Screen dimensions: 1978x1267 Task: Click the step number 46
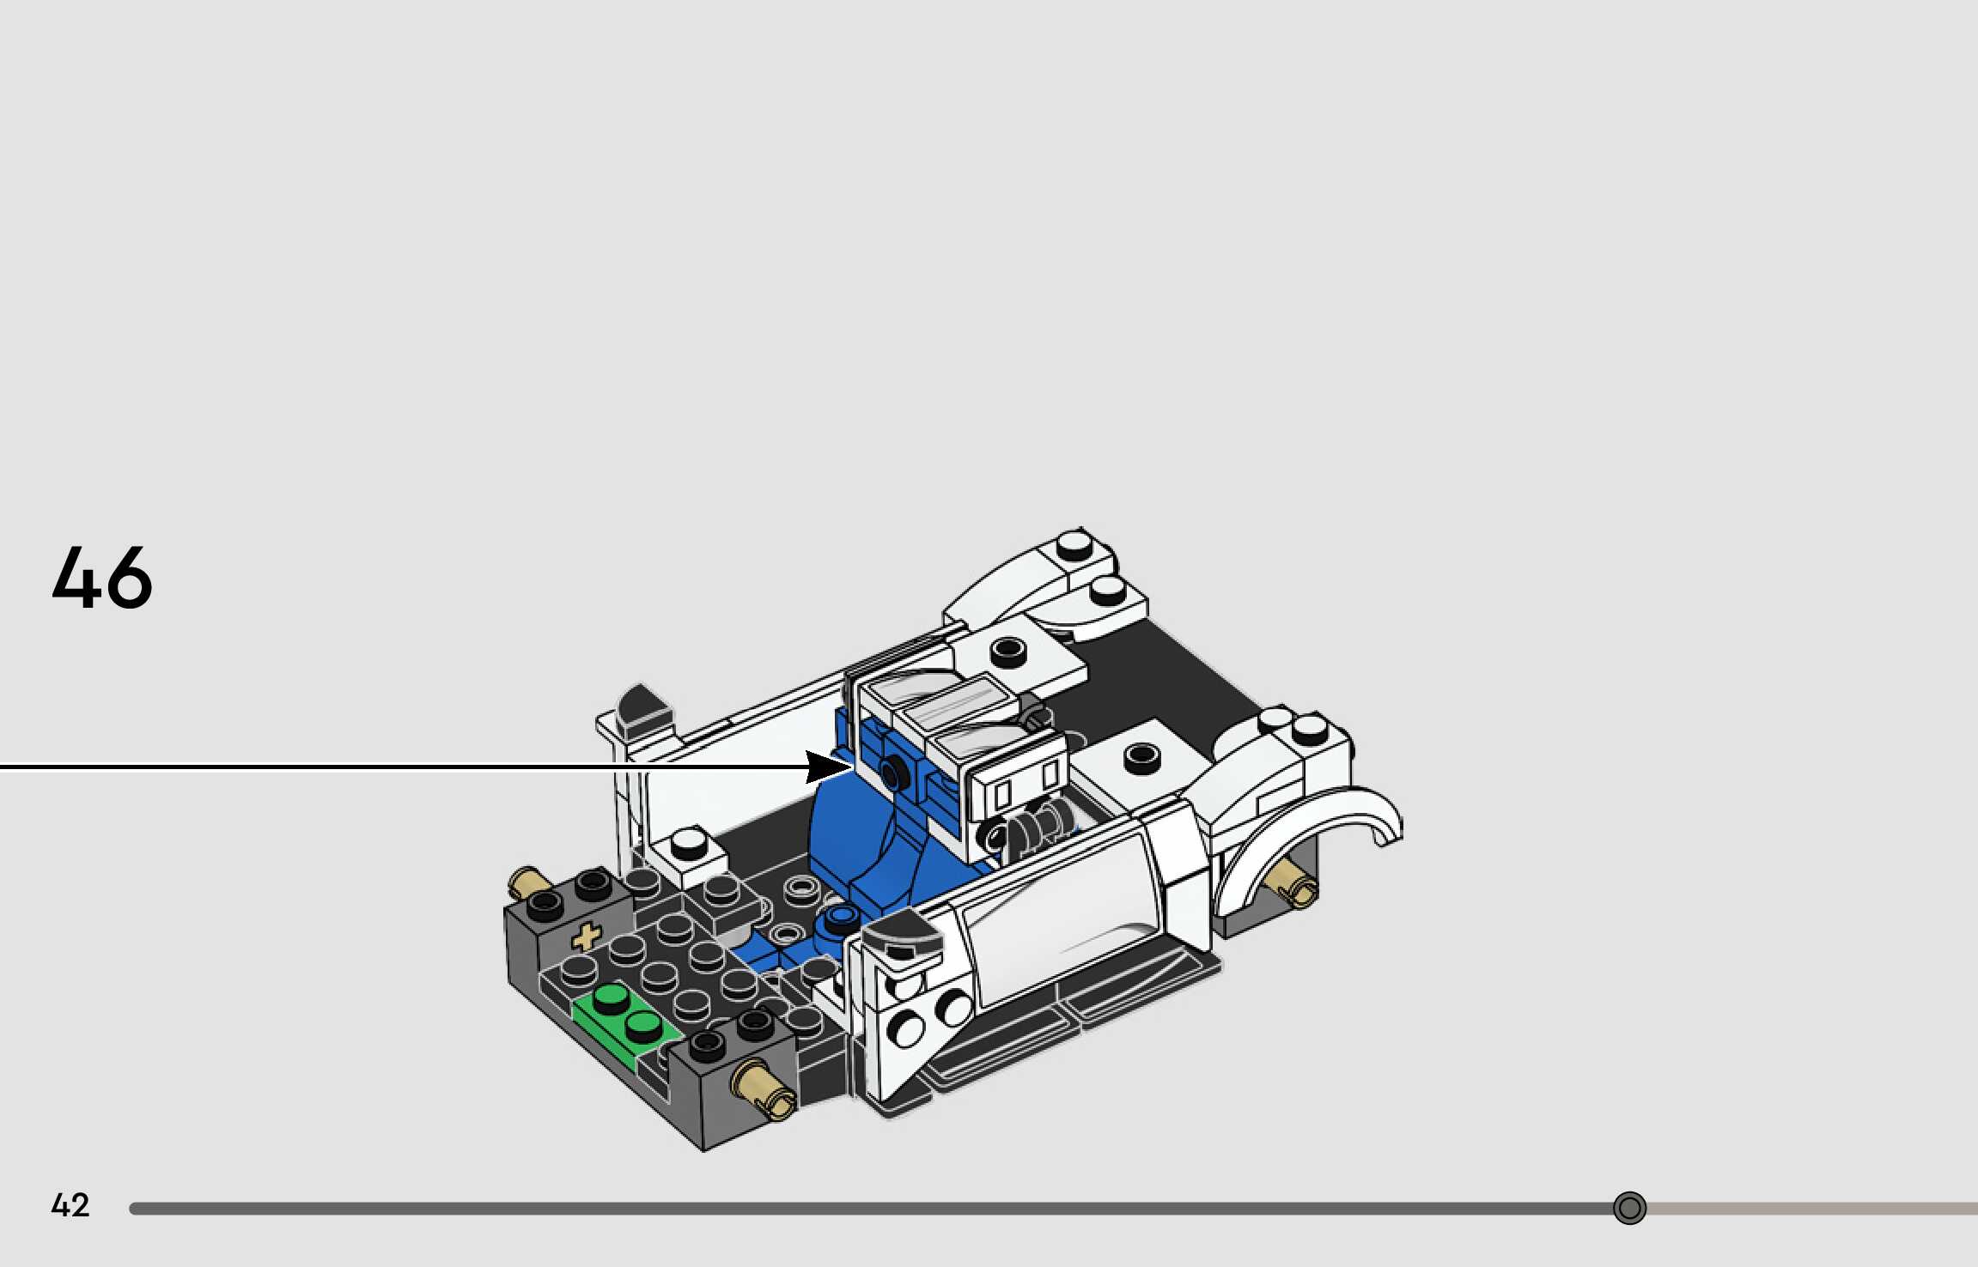pyautogui.click(x=102, y=577)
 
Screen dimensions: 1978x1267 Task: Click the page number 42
pyautogui.click(x=70, y=1205)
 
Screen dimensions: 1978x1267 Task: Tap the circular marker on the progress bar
pyautogui.click(x=1629, y=1208)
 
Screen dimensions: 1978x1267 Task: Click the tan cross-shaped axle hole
pyautogui.click(x=587, y=937)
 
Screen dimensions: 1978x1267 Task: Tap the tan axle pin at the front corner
pyautogui.click(x=763, y=1090)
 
